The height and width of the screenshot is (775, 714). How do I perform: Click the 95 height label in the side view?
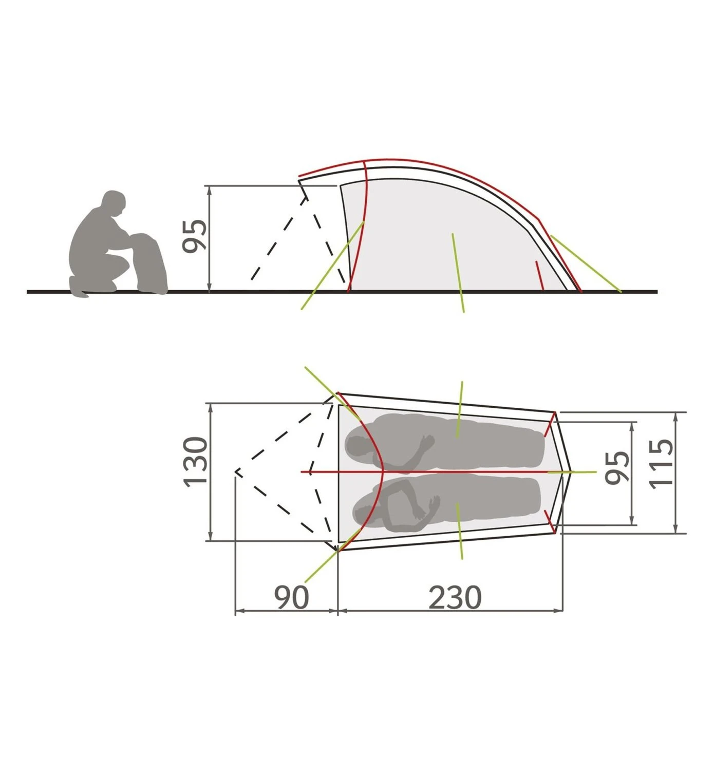click(x=195, y=236)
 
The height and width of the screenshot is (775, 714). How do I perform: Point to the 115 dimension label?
click(x=662, y=464)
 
